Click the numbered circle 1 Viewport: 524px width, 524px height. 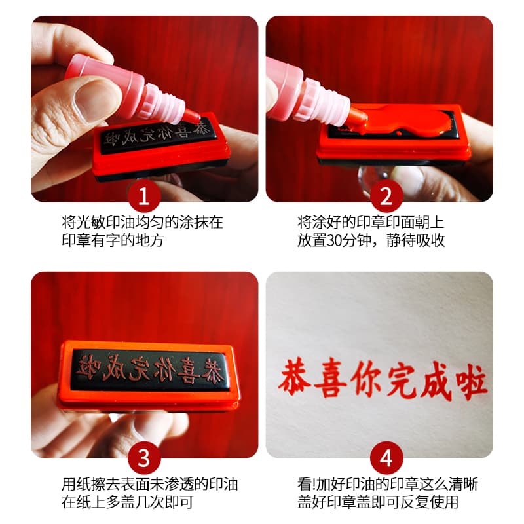coord(144,196)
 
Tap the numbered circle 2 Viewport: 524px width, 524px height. coord(386,196)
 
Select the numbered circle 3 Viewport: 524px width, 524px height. coord(144,458)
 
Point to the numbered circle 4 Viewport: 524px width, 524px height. coord(386,458)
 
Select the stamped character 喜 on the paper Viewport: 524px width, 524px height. coord(330,379)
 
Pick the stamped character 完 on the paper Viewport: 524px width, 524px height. coord(400,382)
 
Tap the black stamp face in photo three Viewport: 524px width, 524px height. coord(151,369)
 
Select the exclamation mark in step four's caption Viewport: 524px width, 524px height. coord(314,484)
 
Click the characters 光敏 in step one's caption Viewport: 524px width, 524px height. coord(91,223)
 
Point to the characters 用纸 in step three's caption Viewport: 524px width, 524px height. coord(76,484)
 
